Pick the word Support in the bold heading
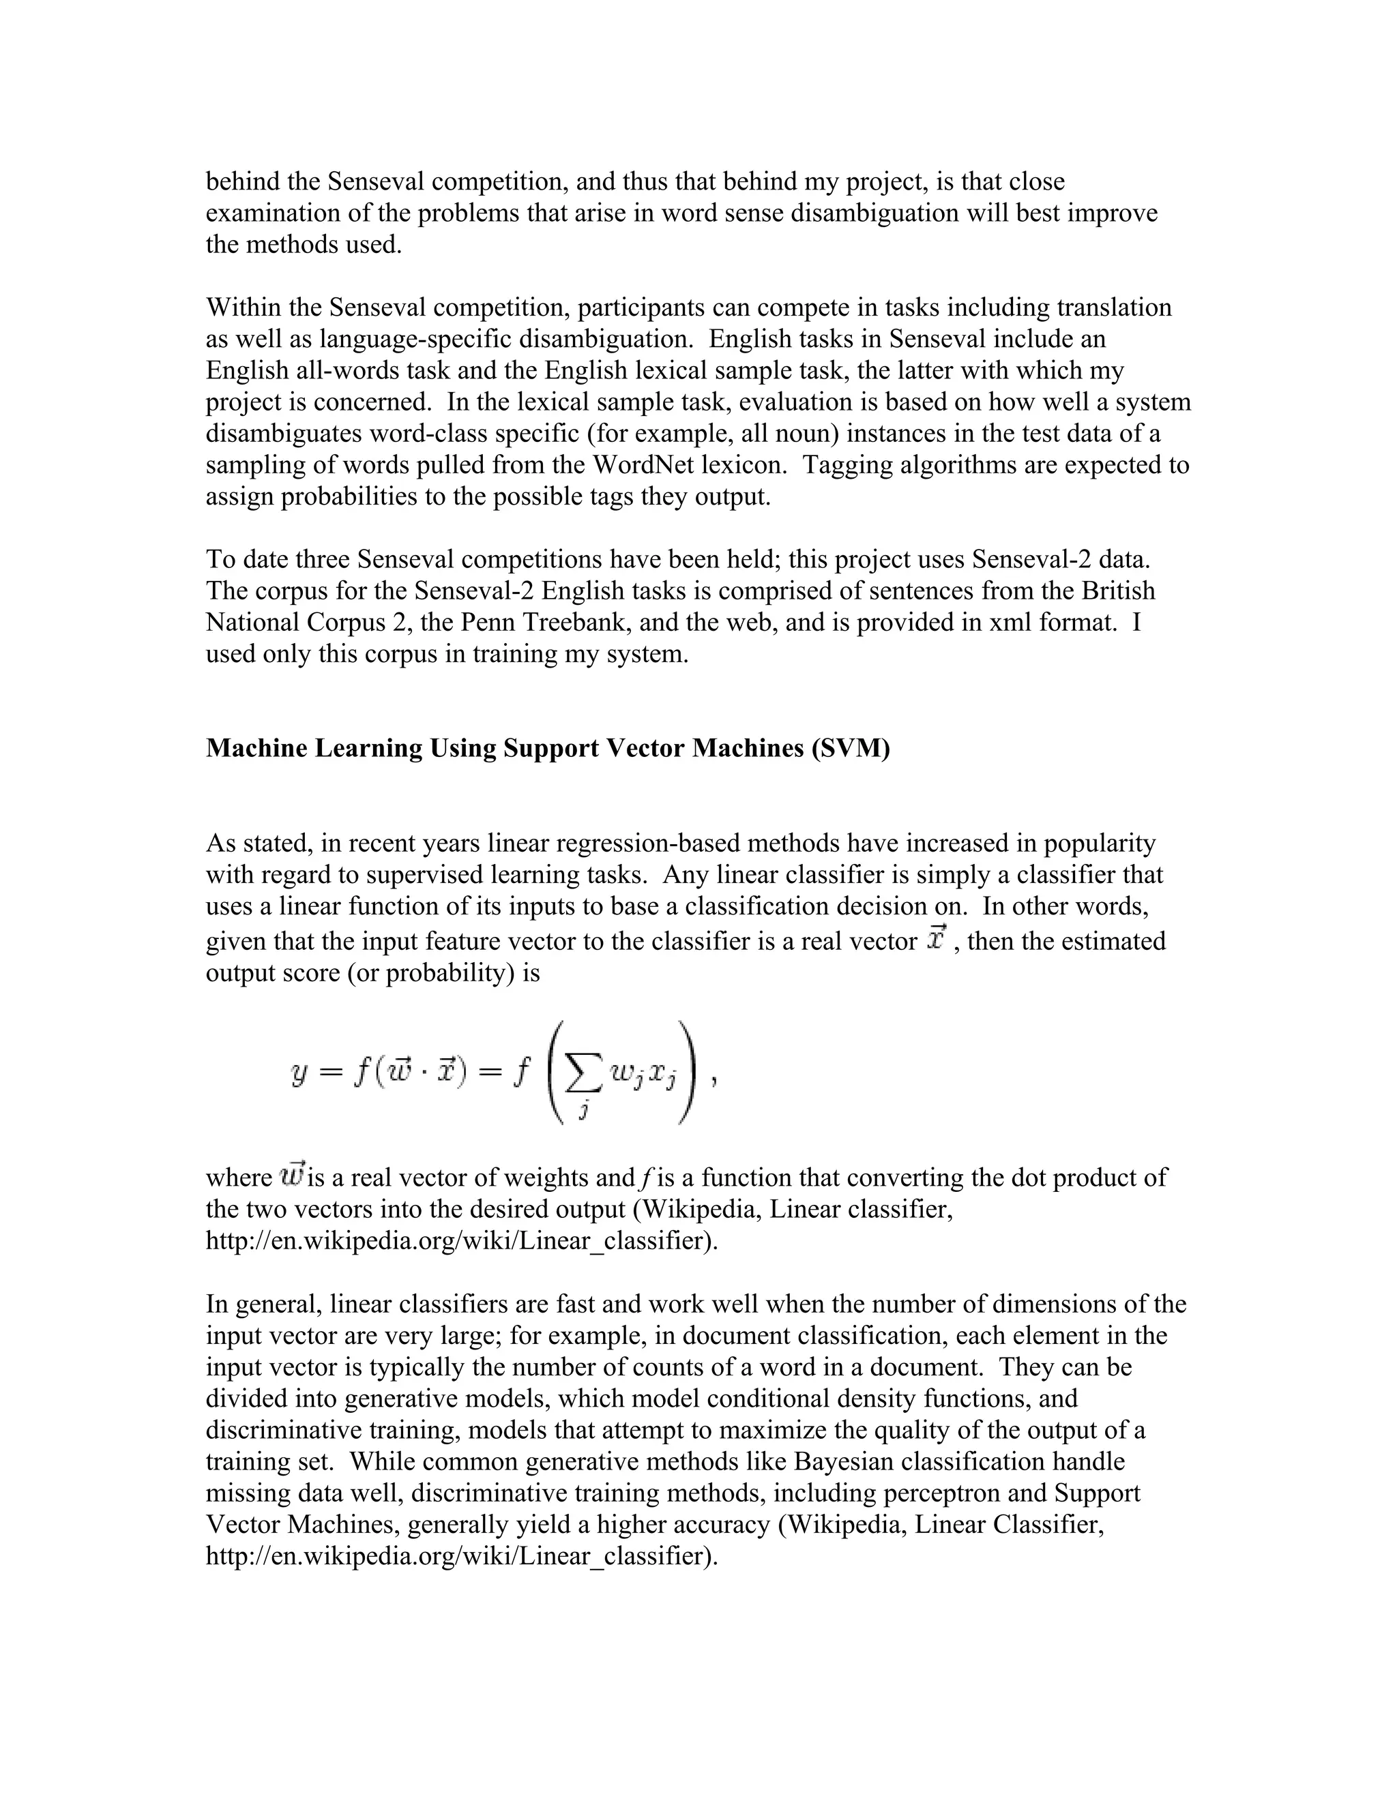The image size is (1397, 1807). coord(551,748)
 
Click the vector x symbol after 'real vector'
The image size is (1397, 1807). coord(936,939)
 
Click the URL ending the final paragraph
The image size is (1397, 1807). coord(461,1556)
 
